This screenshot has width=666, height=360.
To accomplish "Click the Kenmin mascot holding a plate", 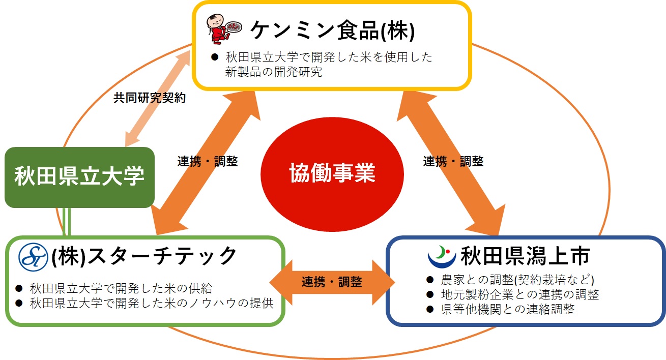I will tap(223, 30).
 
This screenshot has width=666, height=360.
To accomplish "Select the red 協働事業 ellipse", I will tap(332, 173).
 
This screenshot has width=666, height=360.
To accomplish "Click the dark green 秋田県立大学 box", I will tap(79, 177).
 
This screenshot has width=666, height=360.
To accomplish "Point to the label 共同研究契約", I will tap(149, 98).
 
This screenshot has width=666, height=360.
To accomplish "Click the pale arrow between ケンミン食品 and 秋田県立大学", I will tap(156, 95).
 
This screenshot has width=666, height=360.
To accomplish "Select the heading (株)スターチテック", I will tap(144, 256).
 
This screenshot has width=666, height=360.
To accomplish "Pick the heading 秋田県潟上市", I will tap(525, 256).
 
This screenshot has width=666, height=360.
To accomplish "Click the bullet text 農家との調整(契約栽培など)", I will tap(517, 280).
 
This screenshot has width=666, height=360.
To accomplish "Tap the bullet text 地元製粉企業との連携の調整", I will tap(520, 294).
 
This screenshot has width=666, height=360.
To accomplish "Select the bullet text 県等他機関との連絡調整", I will tap(508, 309).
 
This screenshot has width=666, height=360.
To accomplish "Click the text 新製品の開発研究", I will tap(274, 72).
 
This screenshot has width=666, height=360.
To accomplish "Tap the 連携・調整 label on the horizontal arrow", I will tap(332, 282).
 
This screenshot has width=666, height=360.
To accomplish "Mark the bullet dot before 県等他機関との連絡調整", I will tap(430, 309).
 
